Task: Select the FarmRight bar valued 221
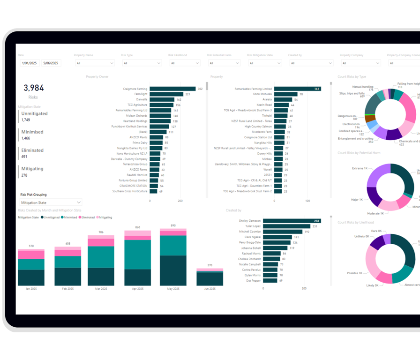tap(166, 94)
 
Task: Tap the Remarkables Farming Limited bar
tap(297, 89)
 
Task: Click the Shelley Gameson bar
tap(291, 221)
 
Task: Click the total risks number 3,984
tap(33, 88)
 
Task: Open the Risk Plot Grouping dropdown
tap(51, 202)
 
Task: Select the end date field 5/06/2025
tap(51, 63)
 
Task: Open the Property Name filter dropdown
tap(94, 63)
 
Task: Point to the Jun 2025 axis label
tap(210, 289)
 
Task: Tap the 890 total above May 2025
tap(173, 225)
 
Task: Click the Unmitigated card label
tap(34, 114)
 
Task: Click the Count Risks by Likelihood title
tap(356, 222)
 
